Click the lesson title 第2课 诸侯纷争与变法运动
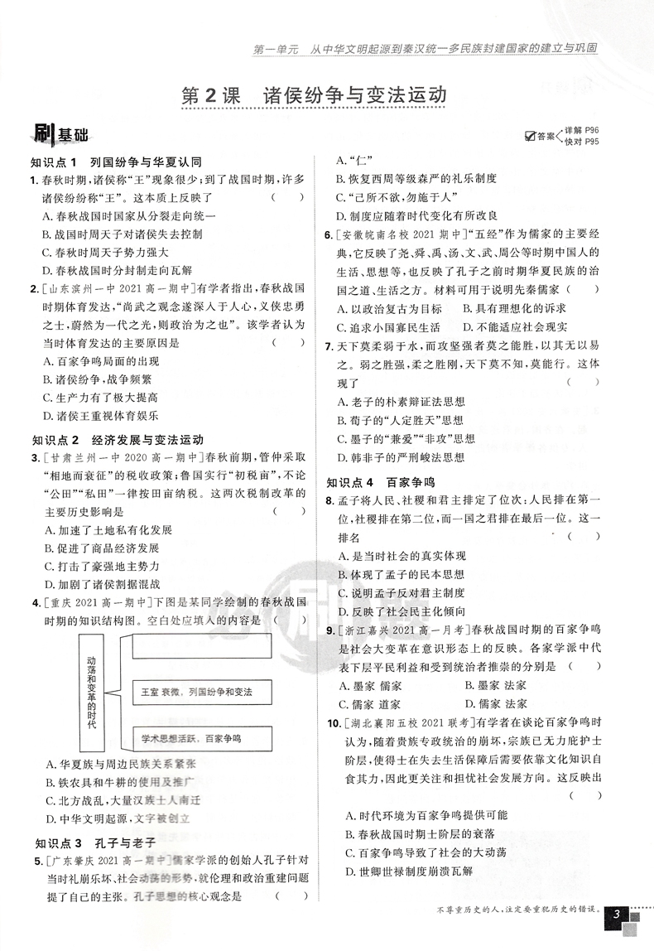pos(314,94)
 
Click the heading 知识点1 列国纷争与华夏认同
pos(116,162)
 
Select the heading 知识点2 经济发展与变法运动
pos(116,440)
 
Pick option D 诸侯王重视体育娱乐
pos(99,416)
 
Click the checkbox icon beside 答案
pos(531,137)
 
